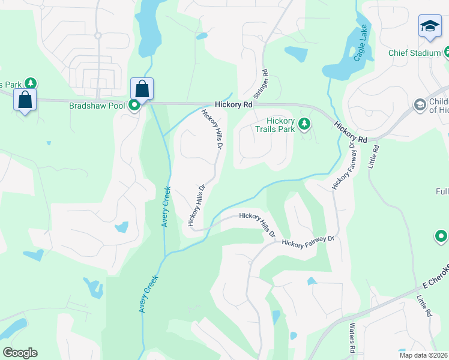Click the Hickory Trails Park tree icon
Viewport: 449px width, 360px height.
point(305,124)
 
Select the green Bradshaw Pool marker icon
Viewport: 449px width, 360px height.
point(135,106)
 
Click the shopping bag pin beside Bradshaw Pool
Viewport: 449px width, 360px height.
point(142,89)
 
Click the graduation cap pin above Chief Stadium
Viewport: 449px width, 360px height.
point(430,26)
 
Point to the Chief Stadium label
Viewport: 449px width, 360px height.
point(414,53)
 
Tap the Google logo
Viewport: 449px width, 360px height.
point(20,352)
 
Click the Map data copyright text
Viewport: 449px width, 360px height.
point(423,355)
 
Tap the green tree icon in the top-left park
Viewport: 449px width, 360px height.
point(28,83)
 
